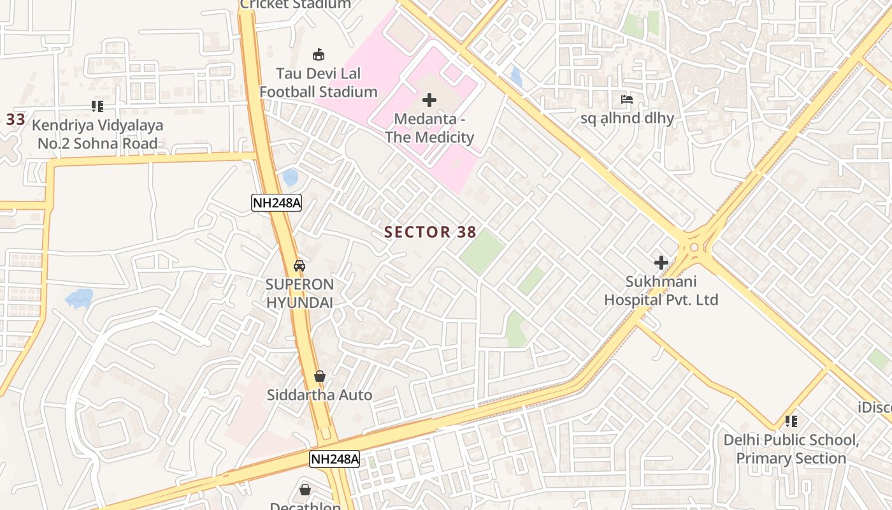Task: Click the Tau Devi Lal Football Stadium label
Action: [x=318, y=82]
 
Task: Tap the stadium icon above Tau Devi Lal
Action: [x=318, y=55]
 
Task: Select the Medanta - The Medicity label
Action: [x=429, y=128]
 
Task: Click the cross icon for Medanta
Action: [x=429, y=100]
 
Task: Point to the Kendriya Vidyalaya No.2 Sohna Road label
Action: [x=97, y=135]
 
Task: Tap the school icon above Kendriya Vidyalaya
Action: [x=97, y=106]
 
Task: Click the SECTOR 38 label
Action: [x=430, y=232]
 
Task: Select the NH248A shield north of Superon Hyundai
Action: [x=276, y=203]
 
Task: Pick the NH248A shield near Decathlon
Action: [x=334, y=459]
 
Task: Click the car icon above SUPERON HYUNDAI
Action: [x=299, y=266]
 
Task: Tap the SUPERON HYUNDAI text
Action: [x=299, y=293]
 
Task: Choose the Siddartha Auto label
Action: [x=319, y=395]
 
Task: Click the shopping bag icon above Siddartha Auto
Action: [x=320, y=376]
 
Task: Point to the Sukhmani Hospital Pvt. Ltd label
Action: [x=661, y=291]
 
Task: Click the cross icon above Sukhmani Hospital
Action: [x=661, y=262]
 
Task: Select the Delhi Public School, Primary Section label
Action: [x=791, y=449]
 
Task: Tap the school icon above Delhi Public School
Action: [x=791, y=421]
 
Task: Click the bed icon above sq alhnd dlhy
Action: [x=627, y=99]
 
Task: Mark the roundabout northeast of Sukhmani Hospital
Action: [x=693, y=247]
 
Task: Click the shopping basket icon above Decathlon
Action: [x=305, y=490]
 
